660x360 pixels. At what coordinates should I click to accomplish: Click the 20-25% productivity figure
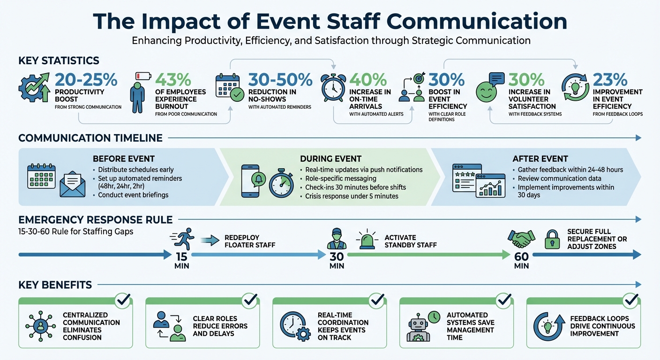pos(85,79)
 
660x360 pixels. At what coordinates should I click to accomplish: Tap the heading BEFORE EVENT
pos(124,159)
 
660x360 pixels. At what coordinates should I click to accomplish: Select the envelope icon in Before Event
pos(72,184)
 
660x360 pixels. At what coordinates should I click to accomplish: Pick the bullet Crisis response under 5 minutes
pos(352,196)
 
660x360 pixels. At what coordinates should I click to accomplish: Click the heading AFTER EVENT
pos(540,159)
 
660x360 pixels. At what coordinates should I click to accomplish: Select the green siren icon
pos(367,239)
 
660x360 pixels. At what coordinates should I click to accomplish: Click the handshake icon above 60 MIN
pos(521,239)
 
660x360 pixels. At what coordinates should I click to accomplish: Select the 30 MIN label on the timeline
pos(337,261)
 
